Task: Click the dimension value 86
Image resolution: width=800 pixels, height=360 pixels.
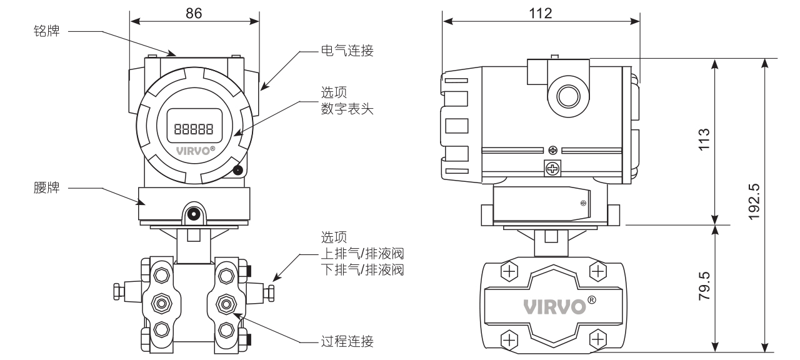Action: pyautogui.click(x=194, y=13)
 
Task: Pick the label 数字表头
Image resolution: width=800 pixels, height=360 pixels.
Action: pyautogui.click(x=347, y=109)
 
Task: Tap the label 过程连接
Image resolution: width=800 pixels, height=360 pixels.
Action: pyautogui.click(x=347, y=341)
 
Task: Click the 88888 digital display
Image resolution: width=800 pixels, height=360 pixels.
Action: pyautogui.click(x=194, y=129)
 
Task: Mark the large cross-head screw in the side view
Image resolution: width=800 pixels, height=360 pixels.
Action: pyautogui.click(x=552, y=168)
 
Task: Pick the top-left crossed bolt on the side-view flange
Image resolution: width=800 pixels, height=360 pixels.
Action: pyautogui.click(x=511, y=271)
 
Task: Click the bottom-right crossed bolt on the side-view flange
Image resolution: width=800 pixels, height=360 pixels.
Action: pyautogui.click(x=598, y=339)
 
